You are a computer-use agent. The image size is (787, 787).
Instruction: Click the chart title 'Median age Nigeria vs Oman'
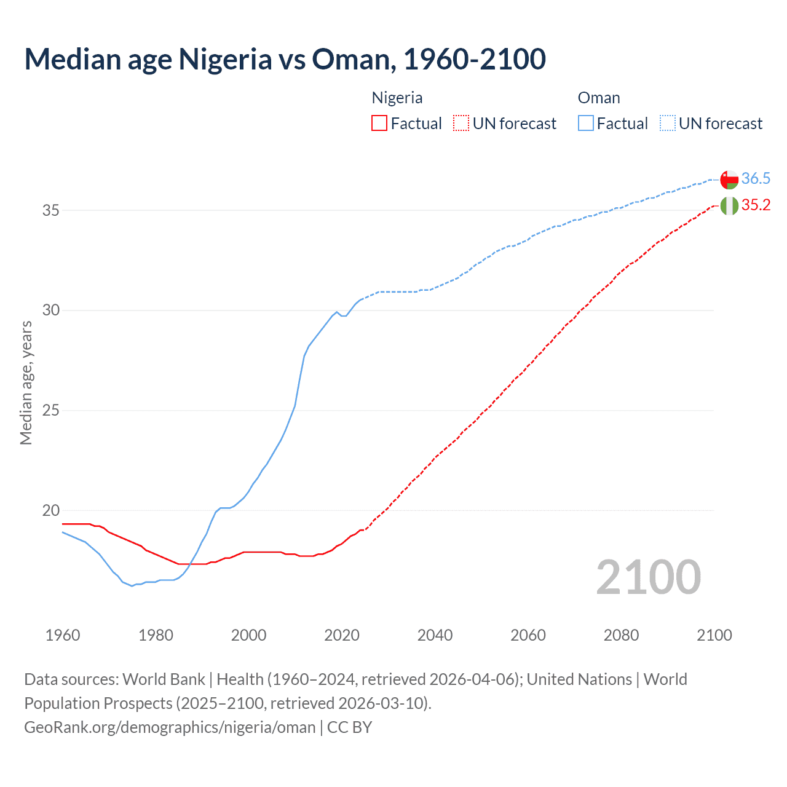(285, 59)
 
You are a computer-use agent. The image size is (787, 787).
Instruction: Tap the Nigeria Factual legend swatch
(379, 124)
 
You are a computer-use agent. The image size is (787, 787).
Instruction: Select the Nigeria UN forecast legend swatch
(461, 124)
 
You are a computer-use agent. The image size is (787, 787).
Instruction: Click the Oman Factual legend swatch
(586, 124)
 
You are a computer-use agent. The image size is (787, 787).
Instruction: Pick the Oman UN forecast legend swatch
(668, 124)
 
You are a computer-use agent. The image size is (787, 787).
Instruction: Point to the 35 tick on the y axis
(51, 210)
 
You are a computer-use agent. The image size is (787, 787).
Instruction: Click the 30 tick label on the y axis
(51, 310)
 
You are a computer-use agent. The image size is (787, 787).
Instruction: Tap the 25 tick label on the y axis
(51, 410)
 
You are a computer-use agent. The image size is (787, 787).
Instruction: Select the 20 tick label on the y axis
(51, 510)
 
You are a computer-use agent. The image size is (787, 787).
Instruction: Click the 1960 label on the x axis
(63, 635)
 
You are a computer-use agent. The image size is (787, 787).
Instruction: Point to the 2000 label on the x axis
(248, 635)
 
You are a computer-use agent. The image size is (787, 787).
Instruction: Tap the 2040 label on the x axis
(435, 635)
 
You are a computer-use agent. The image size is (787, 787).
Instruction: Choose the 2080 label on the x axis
(621, 635)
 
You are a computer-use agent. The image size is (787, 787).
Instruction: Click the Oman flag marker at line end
(729, 180)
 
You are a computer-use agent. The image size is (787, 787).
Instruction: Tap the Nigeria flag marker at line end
(729, 206)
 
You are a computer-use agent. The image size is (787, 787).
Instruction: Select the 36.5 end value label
(756, 179)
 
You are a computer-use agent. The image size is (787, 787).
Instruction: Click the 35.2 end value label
(756, 205)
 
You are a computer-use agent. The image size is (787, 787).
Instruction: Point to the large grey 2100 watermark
(649, 577)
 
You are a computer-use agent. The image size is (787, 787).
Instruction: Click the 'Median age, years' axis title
(26, 382)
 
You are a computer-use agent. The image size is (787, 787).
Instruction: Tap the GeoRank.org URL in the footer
(170, 727)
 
